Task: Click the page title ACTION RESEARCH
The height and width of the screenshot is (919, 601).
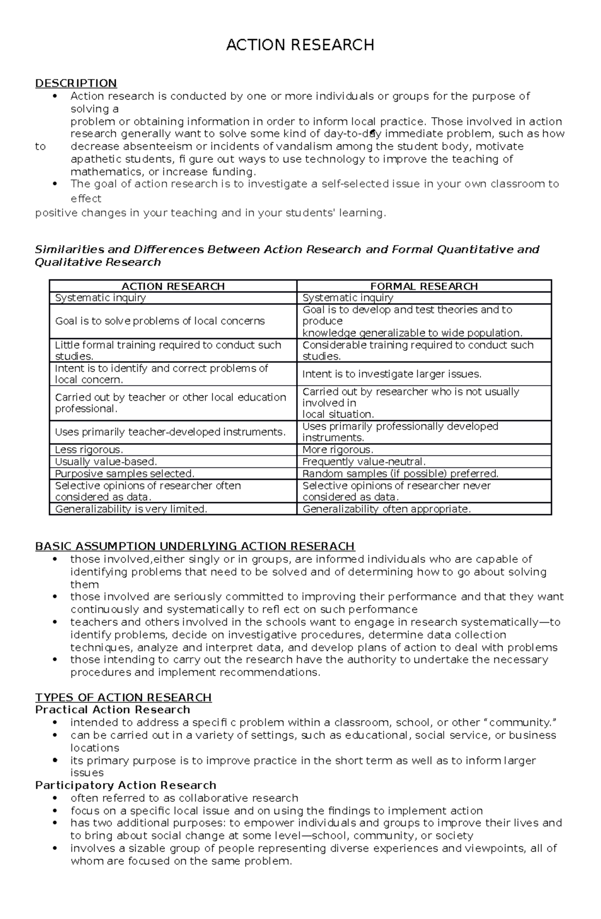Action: [300, 45]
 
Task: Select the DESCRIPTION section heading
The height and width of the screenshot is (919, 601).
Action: [76, 83]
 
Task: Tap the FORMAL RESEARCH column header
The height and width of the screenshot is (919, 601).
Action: [424, 286]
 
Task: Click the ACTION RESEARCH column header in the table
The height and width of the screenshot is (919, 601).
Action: [173, 286]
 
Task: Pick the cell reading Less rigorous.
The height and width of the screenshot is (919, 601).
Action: [89, 450]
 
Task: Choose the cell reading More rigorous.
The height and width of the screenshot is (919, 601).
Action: [338, 450]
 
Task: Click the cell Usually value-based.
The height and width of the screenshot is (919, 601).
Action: [106, 462]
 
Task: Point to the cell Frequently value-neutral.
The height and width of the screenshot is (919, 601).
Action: [364, 462]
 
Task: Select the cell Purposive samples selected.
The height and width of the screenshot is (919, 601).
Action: [124, 474]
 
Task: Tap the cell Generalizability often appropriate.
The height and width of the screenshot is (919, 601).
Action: [387, 509]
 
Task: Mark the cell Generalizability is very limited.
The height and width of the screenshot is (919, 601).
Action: [131, 509]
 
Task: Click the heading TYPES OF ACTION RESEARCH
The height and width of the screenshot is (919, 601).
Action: [123, 698]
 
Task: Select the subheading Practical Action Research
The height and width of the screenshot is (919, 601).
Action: [113, 710]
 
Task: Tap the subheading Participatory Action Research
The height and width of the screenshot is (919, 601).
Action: [126, 785]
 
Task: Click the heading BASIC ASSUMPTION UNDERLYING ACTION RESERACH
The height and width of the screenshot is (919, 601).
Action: [195, 546]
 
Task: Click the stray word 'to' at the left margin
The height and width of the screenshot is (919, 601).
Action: [40, 147]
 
